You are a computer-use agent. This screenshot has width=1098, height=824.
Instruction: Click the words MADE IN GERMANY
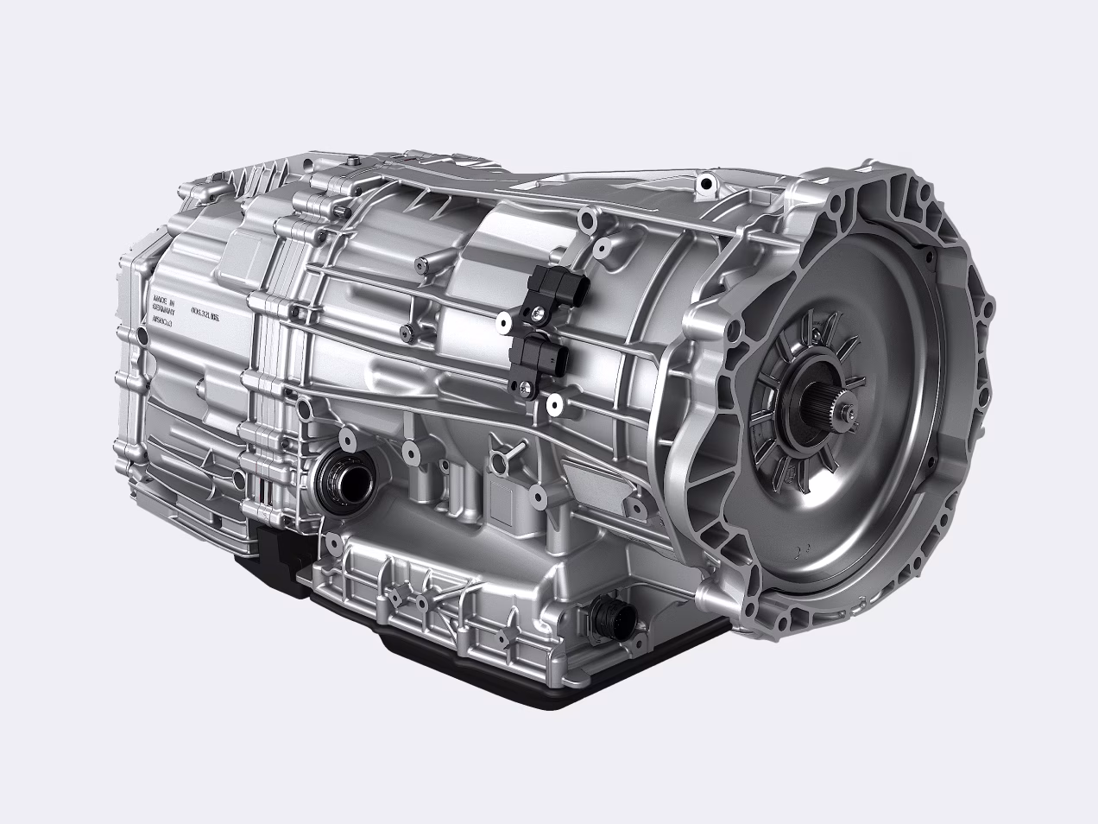pyautogui.click(x=163, y=307)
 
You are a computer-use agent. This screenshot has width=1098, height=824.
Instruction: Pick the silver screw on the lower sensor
pyautogui.click(x=521, y=386)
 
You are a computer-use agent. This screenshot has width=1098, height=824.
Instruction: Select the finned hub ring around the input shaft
pyautogui.click(x=798, y=406)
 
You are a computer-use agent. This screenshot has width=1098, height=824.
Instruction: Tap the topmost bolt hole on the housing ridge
pyautogui.click(x=707, y=182)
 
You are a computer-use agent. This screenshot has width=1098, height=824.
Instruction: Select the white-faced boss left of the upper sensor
pyautogui.click(x=501, y=323)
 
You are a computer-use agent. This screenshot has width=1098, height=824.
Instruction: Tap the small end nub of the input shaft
pyautogui.click(x=851, y=417)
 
